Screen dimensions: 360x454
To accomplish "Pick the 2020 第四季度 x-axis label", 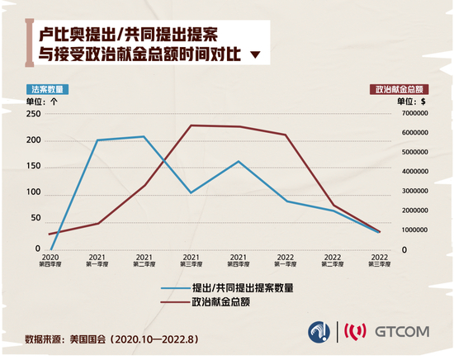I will (50, 261).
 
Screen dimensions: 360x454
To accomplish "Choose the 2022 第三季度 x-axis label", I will (380, 261).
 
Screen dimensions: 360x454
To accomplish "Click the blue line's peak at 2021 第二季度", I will (144, 136).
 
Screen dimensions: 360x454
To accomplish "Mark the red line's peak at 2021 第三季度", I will (192, 126).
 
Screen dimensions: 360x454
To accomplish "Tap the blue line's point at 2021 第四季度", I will (239, 161).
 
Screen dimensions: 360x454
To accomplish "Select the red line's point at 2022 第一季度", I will (286, 135).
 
